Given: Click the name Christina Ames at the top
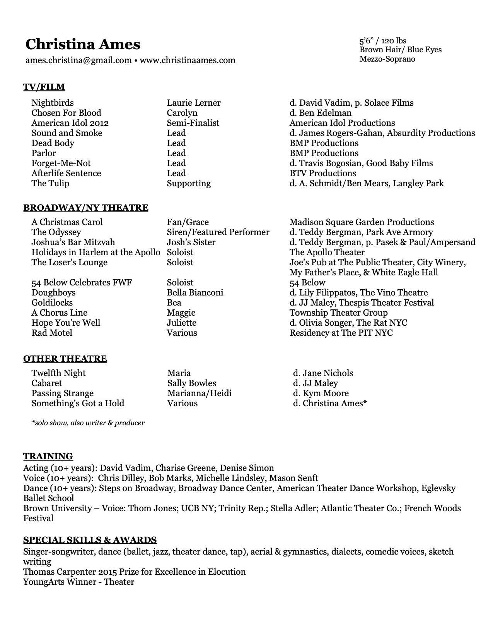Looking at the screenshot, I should coord(83,45).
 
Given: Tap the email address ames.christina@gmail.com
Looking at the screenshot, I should coord(78,60).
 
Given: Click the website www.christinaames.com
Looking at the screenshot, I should coord(187,60).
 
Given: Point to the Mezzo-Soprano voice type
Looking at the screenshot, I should coord(387,59).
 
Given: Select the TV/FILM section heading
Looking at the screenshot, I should coord(44,87).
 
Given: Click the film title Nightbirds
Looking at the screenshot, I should coord(53,103).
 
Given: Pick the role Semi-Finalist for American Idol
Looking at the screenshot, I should coord(193,123).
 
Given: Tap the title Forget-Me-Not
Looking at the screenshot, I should coord(61,163).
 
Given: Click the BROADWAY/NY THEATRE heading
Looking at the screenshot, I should coord(85,208).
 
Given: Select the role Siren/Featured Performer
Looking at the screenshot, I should coord(218,232).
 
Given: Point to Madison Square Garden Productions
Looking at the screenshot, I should coord(362,222).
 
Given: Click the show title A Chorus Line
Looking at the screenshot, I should coord(60,313).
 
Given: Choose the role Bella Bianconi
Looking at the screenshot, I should coord(195,292).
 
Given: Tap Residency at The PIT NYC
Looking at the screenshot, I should coord(341,333).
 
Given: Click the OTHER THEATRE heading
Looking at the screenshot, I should coord(65,359).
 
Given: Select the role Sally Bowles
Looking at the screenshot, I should coord(192,383).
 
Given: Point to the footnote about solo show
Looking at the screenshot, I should coord(88,423).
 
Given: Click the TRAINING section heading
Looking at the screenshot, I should coord(48,456).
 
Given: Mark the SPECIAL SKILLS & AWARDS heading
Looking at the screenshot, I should coord(90,540).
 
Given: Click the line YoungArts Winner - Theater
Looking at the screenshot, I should coord(78,582).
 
